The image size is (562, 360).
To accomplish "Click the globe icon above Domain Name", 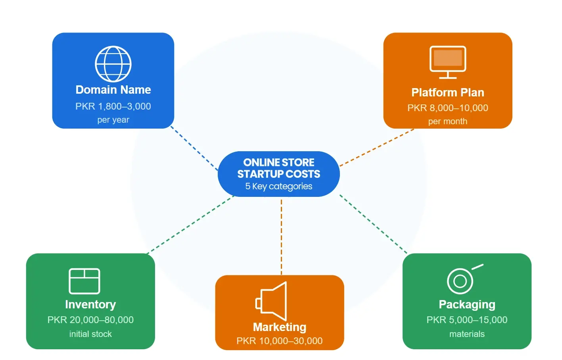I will (113, 64).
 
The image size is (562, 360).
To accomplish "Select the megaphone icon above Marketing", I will (272, 301).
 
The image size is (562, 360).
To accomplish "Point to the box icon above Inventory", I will (84, 281).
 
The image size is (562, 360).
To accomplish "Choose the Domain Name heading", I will (113, 90).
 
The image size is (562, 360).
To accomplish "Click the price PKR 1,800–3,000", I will (113, 106).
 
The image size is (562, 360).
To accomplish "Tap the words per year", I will (113, 120).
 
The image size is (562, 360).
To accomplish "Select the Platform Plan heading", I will (448, 92).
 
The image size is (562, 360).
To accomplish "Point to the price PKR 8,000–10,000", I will (448, 108).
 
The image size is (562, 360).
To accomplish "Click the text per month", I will (448, 121).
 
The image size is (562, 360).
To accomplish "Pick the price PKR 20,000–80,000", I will (90, 320).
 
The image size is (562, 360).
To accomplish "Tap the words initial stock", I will (90, 334).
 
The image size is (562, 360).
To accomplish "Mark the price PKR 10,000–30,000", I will (280, 341).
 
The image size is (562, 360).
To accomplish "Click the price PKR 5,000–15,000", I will (467, 320).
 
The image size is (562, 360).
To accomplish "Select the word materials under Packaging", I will (467, 334).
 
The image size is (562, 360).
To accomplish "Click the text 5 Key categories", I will (279, 186).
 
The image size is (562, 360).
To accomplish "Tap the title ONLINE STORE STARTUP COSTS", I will (279, 168).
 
